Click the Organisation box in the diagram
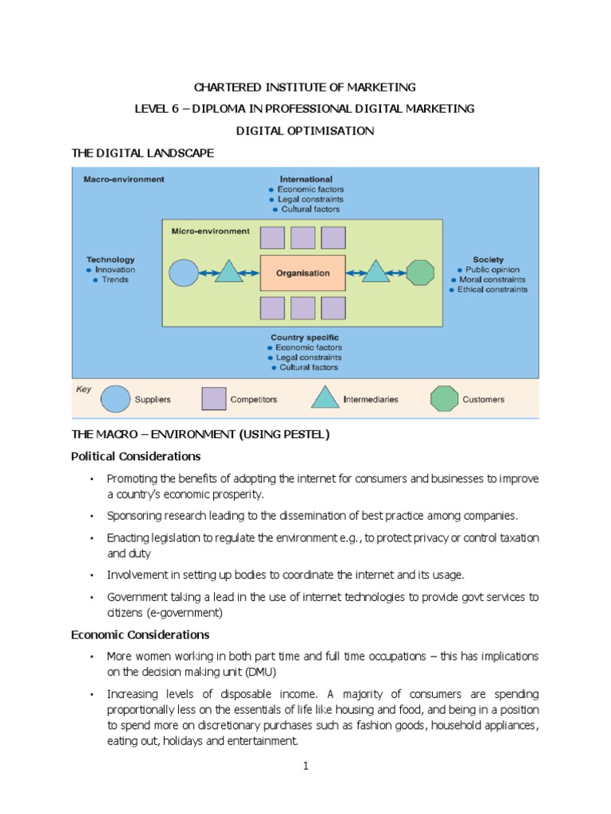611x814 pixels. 302,273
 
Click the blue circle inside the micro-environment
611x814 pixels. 184,273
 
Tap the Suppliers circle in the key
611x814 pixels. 116,399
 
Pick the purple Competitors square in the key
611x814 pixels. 213,399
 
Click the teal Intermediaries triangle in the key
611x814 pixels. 325,398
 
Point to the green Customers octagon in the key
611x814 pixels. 444,399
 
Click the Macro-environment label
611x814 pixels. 124,180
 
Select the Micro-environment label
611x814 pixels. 210,231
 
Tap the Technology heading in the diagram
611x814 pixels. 111,259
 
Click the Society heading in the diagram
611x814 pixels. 488,259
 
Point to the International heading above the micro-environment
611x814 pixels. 305,180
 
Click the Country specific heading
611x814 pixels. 305,337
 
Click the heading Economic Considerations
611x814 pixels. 140,634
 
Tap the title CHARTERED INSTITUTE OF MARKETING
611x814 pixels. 305,87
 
